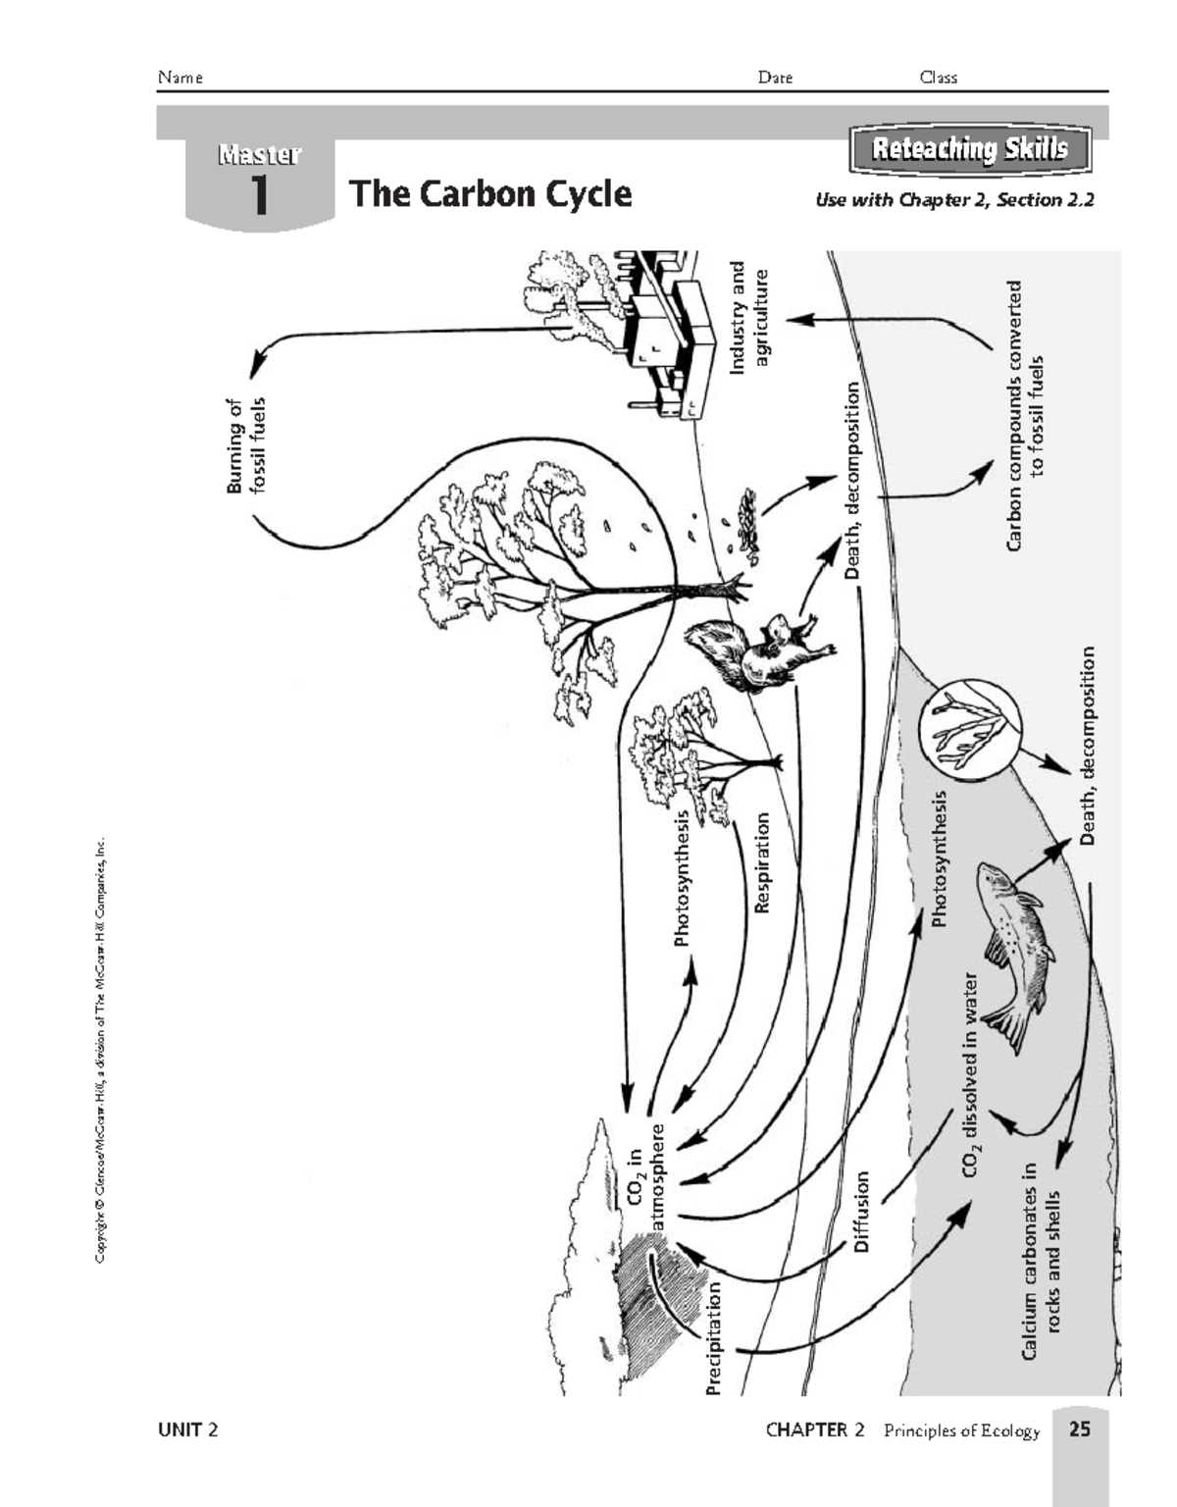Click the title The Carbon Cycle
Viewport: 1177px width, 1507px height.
click(489, 193)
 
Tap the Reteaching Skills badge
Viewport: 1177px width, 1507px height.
click(969, 149)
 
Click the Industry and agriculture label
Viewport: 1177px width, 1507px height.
click(749, 316)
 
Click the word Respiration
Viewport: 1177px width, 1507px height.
click(761, 862)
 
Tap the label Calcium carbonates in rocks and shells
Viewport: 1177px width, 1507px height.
click(1041, 1262)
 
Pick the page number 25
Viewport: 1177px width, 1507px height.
click(1079, 1429)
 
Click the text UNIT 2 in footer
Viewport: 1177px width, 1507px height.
click(187, 1429)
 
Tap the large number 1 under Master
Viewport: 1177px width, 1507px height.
click(259, 196)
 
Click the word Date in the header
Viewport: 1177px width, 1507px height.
click(775, 78)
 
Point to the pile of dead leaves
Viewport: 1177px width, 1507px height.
click(747, 526)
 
